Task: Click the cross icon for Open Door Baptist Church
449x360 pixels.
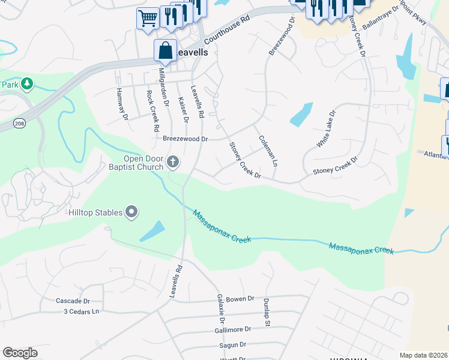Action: [173, 161]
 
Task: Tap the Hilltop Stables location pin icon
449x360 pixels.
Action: [131, 212]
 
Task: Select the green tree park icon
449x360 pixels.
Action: [26, 84]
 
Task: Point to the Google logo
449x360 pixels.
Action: [19, 353]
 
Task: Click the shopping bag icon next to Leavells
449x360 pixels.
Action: [165, 52]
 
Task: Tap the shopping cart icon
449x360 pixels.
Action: [147, 17]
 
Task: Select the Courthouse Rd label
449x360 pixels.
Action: [226, 32]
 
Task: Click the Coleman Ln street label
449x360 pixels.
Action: [268, 150]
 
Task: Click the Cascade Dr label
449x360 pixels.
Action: [72, 301]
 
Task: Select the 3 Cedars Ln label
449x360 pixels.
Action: [82, 311]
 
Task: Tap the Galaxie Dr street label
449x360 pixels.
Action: [220, 307]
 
